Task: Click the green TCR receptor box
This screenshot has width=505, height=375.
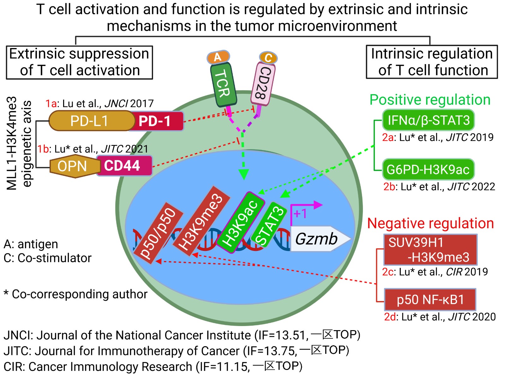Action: [223, 84]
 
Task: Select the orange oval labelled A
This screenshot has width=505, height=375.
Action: [218, 57]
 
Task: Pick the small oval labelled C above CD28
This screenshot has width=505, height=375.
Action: [268, 57]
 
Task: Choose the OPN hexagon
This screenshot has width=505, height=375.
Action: [73, 166]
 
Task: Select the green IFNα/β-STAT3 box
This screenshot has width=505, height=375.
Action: [428, 120]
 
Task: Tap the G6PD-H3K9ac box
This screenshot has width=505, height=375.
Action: [428, 169]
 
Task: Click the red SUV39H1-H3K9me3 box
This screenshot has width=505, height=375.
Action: [430, 250]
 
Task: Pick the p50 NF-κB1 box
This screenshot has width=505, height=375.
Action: [430, 299]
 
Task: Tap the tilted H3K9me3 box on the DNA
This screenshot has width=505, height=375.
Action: [201, 221]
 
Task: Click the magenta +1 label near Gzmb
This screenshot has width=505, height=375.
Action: [300, 214]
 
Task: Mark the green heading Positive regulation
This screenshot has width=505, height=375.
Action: [430, 100]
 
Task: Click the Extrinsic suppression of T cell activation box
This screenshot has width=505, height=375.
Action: [80, 62]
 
